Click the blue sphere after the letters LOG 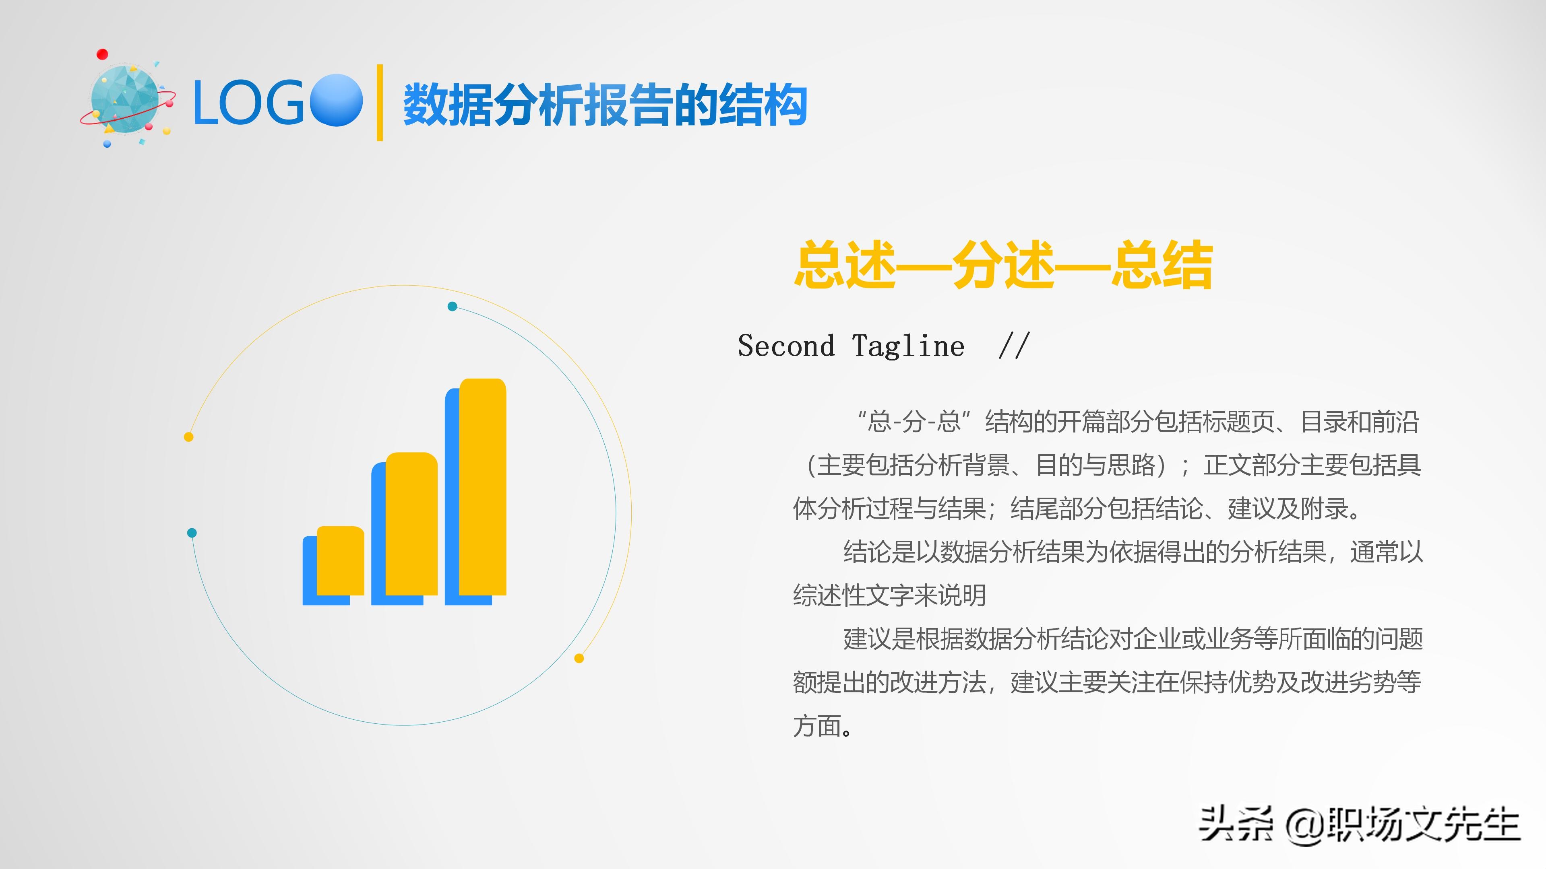pos(337,100)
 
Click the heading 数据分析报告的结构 pos(605,105)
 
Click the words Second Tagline pos(851,346)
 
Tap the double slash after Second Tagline pos(1014,346)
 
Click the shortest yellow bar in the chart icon pos(340,561)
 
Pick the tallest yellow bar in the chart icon pos(483,487)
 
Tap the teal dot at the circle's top pos(453,307)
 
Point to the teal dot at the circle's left pos(192,533)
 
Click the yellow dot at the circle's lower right pos(579,659)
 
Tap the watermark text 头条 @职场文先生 pos(1359,825)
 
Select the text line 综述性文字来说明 pos(889,595)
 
